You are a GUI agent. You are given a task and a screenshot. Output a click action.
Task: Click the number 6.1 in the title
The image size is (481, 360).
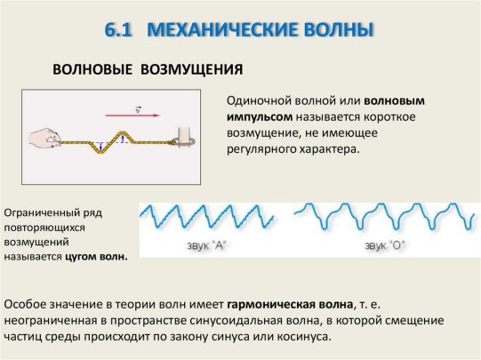click(x=118, y=30)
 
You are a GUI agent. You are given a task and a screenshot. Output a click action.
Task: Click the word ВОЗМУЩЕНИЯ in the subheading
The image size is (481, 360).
click(x=192, y=69)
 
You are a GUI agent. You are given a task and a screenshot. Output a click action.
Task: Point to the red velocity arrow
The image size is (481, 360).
click(x=132, y=116)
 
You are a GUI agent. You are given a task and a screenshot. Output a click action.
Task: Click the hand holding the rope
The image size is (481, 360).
click(x=44, y=140)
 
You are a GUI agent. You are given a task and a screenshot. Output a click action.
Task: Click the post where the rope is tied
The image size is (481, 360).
click(x=185, y=137)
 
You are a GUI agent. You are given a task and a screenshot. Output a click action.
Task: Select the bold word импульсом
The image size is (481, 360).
click(x=260, y=116)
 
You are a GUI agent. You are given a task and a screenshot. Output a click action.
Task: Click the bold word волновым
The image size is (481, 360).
click(x=394, y=100)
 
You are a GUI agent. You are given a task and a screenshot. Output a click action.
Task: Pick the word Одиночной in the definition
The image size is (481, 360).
click(x=259, y=101)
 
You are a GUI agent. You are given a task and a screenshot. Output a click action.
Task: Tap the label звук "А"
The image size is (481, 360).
click(x=206, y=245)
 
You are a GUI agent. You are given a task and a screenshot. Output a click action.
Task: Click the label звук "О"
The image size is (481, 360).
click(x=385, y=245)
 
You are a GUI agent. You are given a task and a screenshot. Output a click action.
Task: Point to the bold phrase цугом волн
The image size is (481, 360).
click(x=96, y=257)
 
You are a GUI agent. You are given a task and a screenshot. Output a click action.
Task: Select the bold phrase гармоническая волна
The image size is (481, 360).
click(x=290, y=305)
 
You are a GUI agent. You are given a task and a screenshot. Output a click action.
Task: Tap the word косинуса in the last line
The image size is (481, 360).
click(x=304, y=337)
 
